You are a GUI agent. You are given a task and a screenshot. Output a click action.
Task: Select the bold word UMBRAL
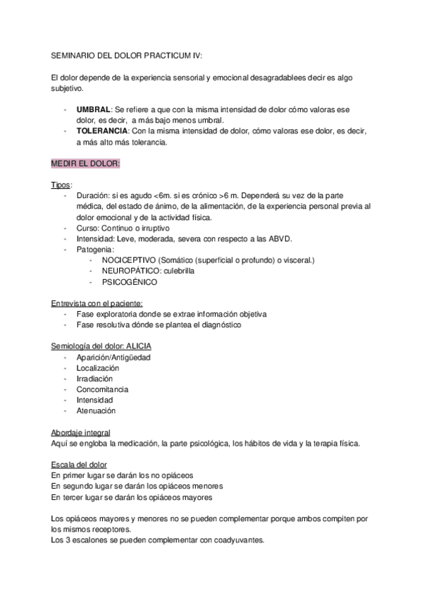(x=93, y=111)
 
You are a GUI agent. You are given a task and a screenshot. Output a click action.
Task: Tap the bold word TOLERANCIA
(x=102, y=131)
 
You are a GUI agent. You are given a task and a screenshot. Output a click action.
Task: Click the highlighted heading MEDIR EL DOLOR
(x=85, y=164)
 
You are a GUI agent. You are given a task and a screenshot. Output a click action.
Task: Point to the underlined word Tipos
(x=61, y=185)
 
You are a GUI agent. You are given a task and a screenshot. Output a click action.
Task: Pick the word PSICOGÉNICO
(x=130, y=282)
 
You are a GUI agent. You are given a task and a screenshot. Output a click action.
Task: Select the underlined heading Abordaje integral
(x=80, y=432)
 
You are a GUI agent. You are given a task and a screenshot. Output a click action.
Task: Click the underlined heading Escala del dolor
(x=79, y=465)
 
